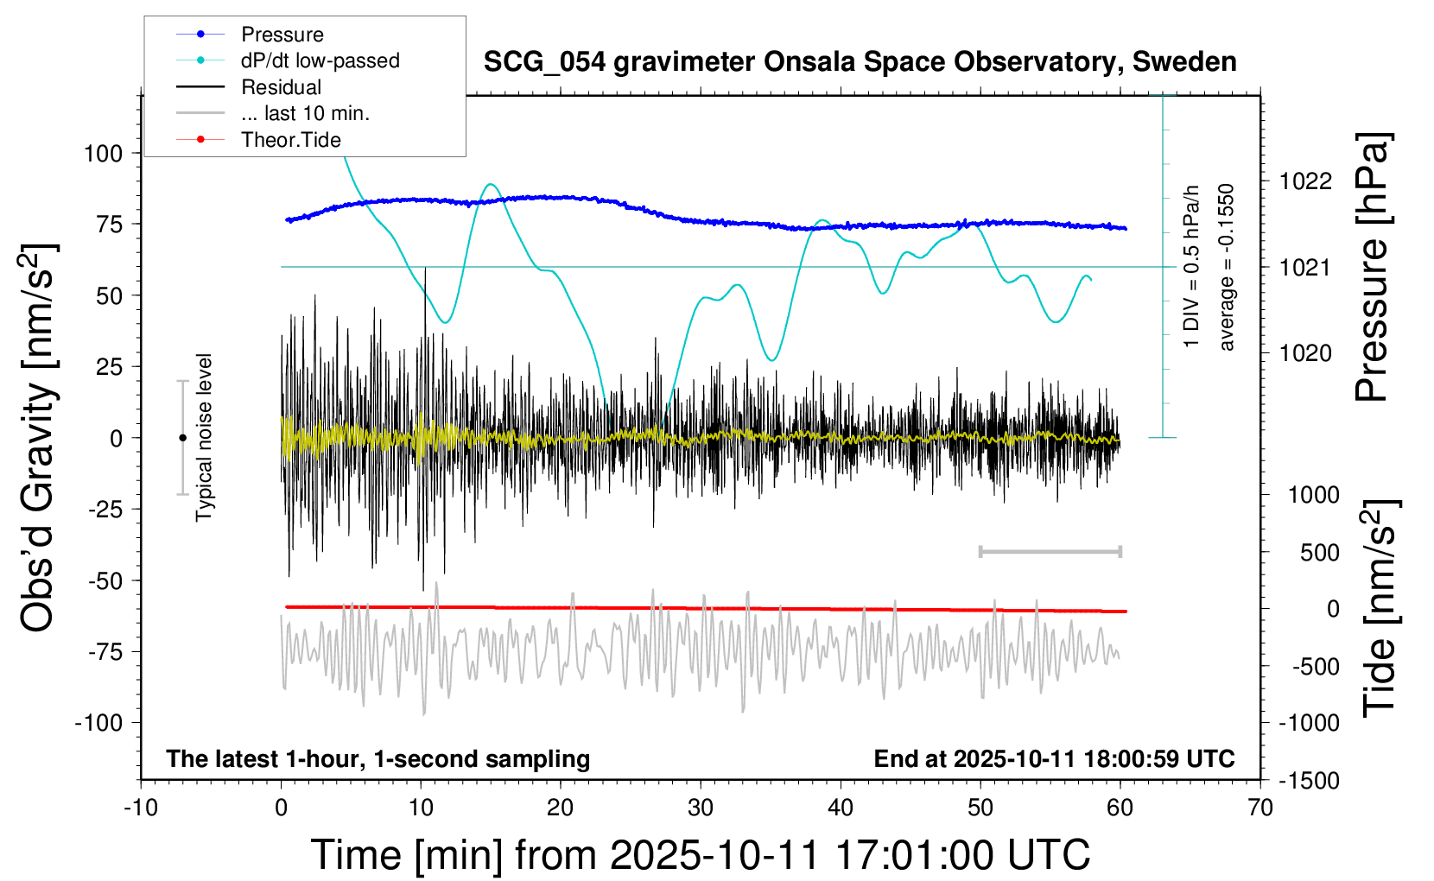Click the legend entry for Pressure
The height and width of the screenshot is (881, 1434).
[x=282, y=35]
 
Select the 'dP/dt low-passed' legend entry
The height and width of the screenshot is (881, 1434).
[x=320, y=60]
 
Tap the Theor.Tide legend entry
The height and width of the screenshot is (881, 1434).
[x=290, y=140]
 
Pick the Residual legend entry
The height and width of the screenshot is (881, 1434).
[x=281, y=87]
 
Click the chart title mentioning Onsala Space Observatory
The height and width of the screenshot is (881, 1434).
[x=860, y=62]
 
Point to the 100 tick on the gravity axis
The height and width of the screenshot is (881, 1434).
[x=104, y=154]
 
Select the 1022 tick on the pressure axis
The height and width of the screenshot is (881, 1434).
[x=1305, y=181]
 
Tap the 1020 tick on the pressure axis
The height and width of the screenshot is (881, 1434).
[x=1305, y=352]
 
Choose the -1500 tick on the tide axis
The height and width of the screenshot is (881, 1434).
[x=1309, y=780]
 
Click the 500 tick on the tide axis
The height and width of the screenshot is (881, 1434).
[x=1320, y=552]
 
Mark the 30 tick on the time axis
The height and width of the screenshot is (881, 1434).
[x=701, y=808]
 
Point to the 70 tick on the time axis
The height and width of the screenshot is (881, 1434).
[x=1260, y=808]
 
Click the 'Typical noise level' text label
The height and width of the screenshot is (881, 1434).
[x=204, y=437]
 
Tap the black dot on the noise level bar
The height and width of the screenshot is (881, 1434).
[x=182, y=438]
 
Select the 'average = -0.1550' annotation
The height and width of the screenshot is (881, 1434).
[x=1226, y=268]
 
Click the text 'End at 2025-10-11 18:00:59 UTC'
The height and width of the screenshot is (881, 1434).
[x=1054, y=758]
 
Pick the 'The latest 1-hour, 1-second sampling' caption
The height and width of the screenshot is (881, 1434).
[x=378, y=758]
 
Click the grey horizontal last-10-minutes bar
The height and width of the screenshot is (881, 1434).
[x=1050, y=551]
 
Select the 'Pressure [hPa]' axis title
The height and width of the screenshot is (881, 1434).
[x=1372, y=268]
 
